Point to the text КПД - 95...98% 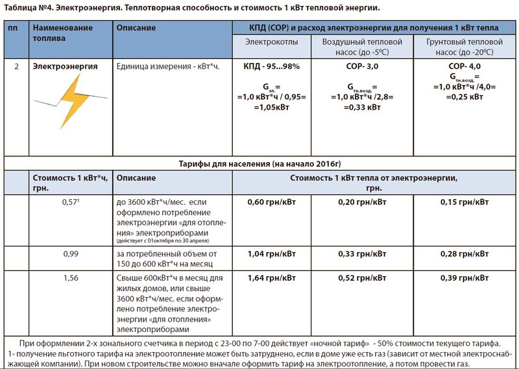[271, 66]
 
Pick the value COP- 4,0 [464, 66]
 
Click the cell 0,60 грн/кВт [271, 202]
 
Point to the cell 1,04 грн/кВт [271, 254]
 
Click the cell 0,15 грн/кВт [464, 202]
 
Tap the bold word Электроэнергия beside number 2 [65, 66]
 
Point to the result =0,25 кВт [464, 96]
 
